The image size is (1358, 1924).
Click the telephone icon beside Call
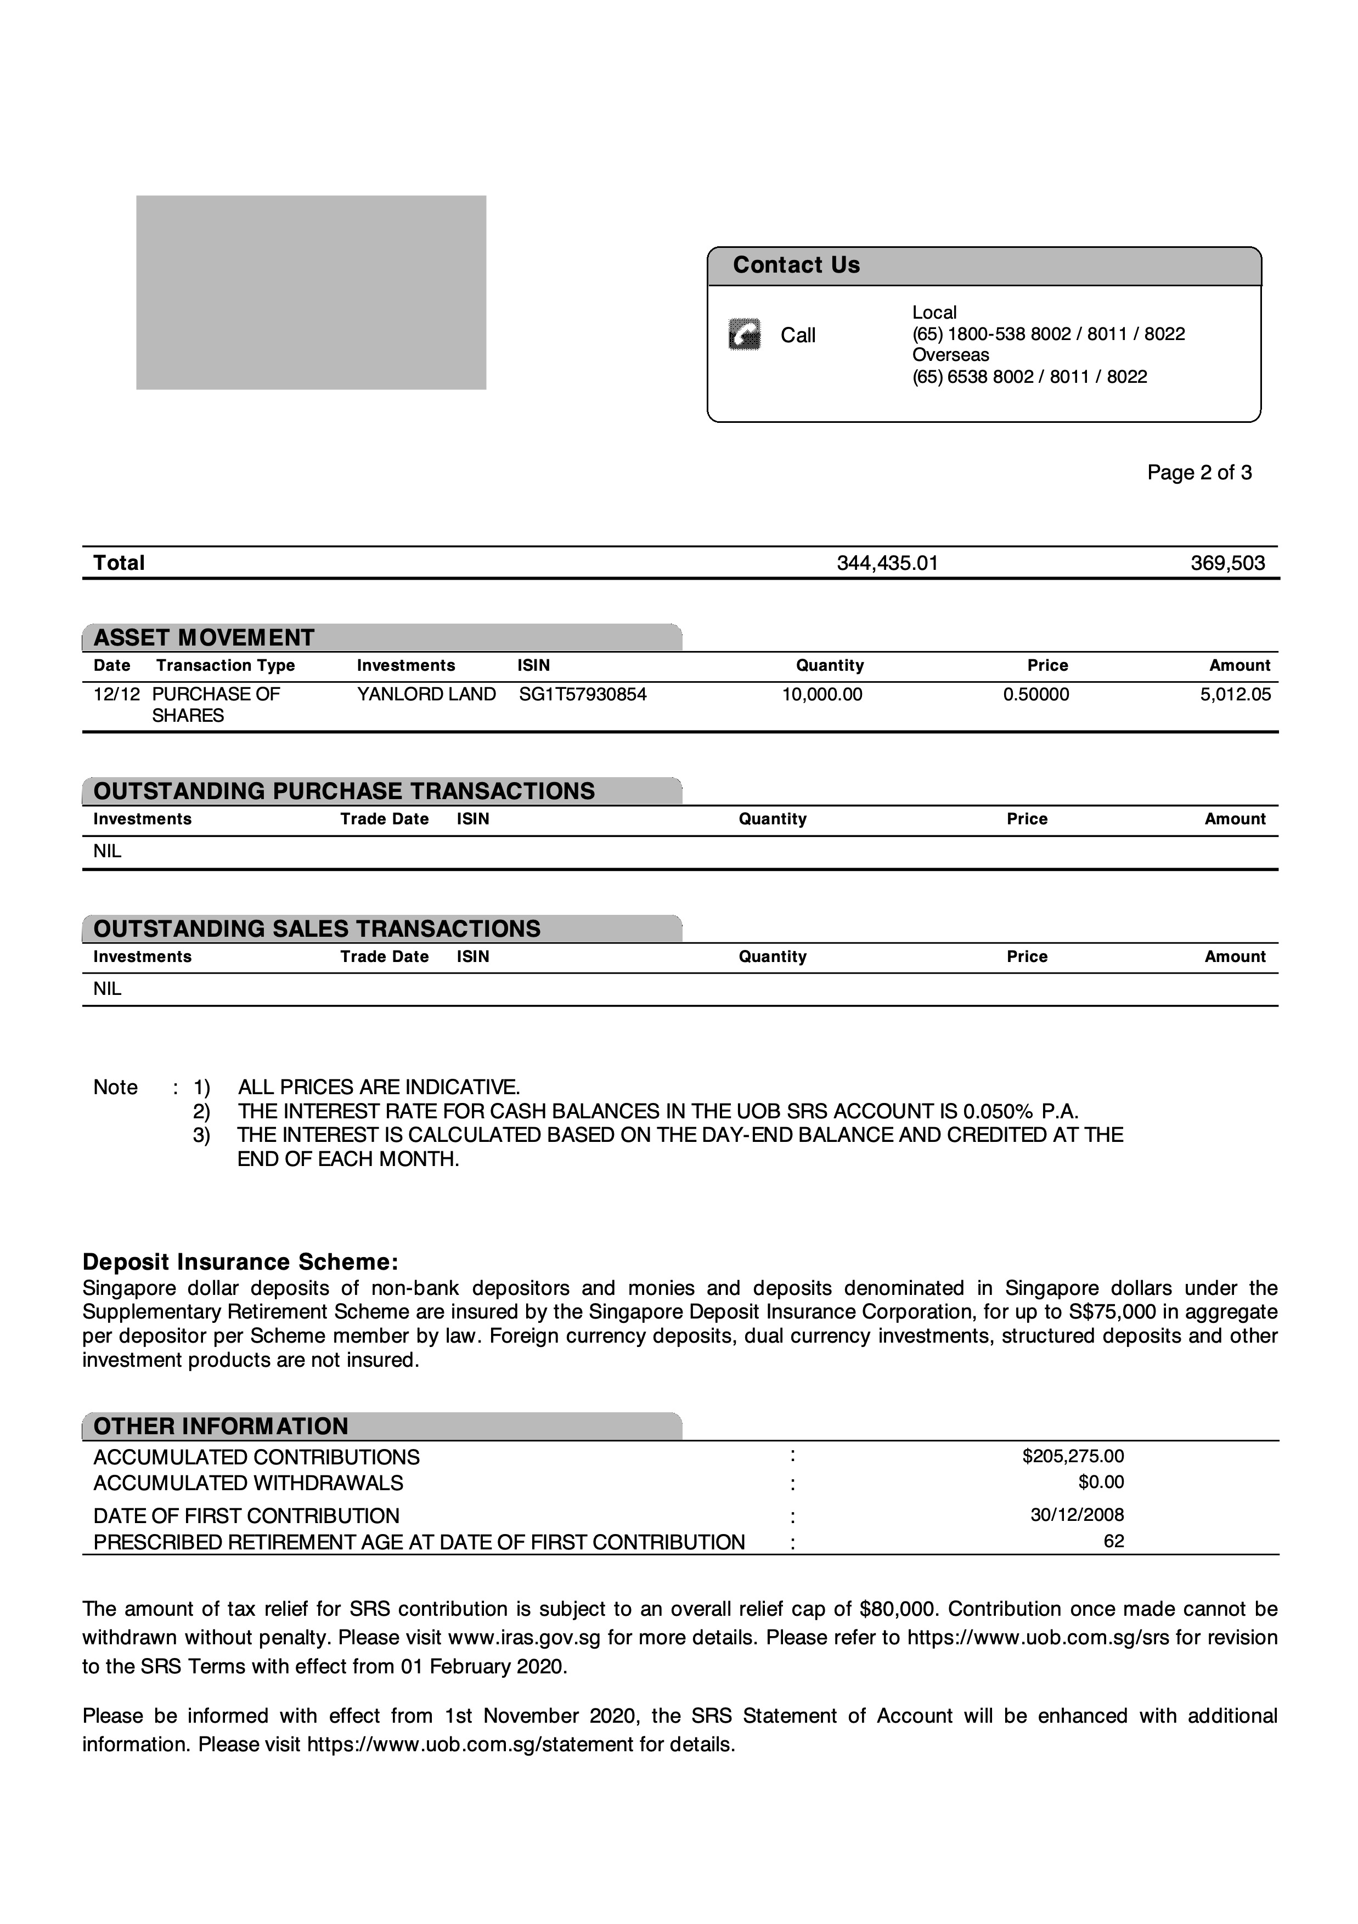[x=745, y=335]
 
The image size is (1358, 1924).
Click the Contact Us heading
[x=796, y=265]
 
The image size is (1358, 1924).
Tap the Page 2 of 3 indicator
[x=1199, y=473]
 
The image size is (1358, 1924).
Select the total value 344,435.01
[x=887, y=563]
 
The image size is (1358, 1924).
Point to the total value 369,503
[x=1227, y=563]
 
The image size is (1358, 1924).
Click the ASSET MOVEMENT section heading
[x=204, y=638]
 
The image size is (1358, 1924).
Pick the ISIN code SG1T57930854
[x=583, y=695]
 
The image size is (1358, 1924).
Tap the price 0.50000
[x=1035, y=695]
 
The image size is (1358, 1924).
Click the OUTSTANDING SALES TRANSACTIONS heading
[x=317, y=929]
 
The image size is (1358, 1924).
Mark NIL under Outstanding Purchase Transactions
[x=108, y=851]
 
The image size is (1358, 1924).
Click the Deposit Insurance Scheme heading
[x=240, y=1262]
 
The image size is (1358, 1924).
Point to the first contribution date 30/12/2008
[x=1077, y=1515]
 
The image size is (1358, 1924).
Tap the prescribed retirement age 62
[x=1113, y=1541]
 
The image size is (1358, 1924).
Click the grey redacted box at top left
[x=311, y=292]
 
